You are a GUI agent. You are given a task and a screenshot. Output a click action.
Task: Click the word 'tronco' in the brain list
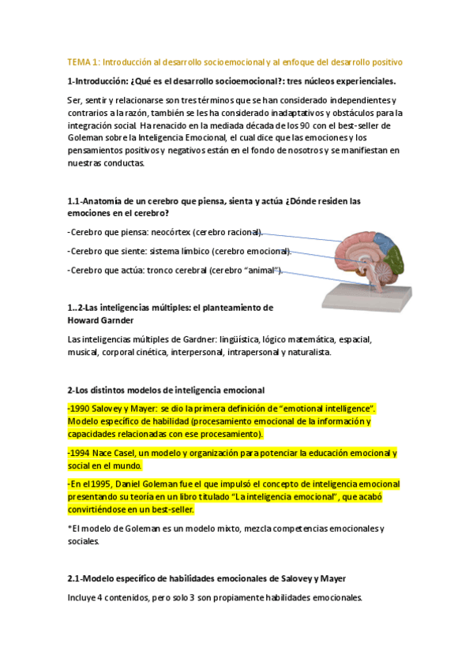tap(171, 271)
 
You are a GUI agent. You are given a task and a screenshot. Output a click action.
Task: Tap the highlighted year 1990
tap(81, 409)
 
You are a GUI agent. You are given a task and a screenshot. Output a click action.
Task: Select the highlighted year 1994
tap(81, 454)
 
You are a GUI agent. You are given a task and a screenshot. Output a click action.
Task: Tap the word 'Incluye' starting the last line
tap(84, 598)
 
